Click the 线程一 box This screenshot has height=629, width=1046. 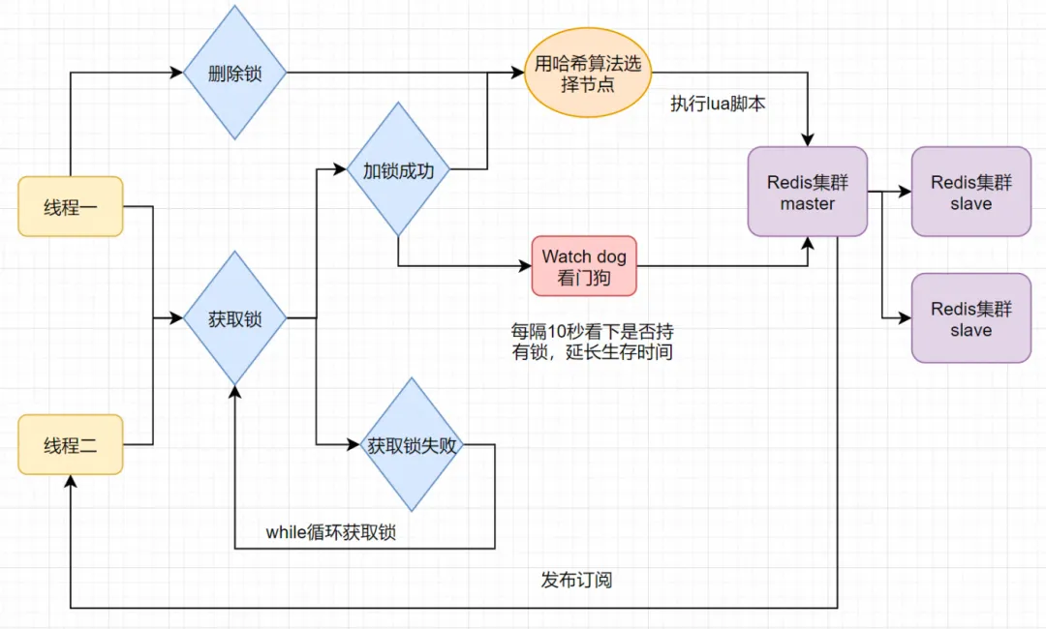(x=71, y=206)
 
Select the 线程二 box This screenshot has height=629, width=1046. (x=71, y=445)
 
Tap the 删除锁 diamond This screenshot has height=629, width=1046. (x=235, y=74)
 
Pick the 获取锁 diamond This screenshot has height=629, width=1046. (x=235, y=317)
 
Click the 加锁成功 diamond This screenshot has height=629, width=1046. (x=398, y=170)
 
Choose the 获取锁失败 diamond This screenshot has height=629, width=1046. (x=413, y=445)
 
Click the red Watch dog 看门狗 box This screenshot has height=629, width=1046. (x=584, y=266)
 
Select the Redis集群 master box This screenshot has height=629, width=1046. (x=807, y=192)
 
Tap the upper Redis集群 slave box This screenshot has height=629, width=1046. (x=970, y=192)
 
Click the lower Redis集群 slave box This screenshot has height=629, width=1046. (x=970, y=317)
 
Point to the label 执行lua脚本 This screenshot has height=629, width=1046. (x=718, y=104)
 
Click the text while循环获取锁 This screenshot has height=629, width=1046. (x=331, y=532)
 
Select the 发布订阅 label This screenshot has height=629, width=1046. (x=576, y=581)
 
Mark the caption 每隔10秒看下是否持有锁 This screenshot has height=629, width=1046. (x=592, y=342)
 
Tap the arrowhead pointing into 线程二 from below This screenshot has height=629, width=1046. (x=71, y=481)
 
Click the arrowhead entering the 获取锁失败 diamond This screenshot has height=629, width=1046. (x=354, y=445)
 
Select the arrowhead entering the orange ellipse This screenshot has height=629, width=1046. (x=517, y=73)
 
